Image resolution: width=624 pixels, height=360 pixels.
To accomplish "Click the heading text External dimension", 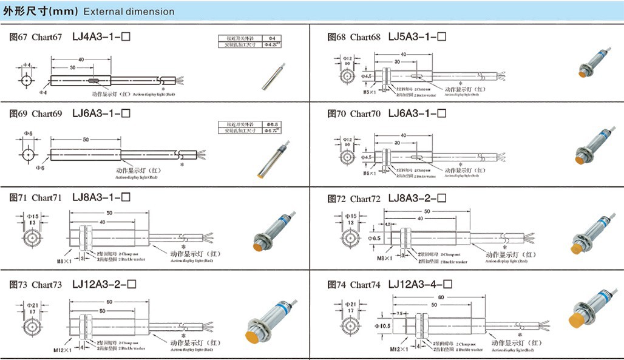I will pos(129,12).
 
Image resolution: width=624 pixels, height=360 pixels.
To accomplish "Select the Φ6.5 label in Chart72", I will pos(375,239).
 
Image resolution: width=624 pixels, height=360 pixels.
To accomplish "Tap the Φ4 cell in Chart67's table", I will pos(271,38).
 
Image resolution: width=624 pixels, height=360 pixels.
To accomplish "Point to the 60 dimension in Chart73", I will pos(109,301).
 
